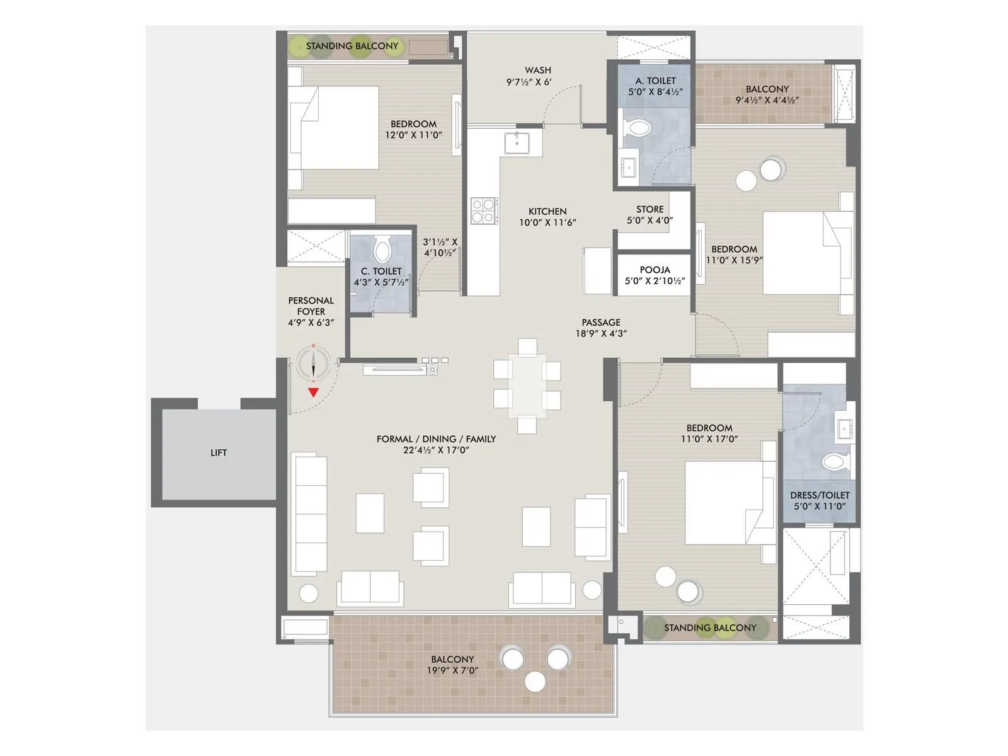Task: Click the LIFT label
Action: pos(219,452)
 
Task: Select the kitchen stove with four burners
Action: pos(484,210)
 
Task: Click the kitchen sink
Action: pos(517,143)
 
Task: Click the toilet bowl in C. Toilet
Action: pos(382,250)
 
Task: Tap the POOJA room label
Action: pos(655,270)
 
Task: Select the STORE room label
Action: pos(650,209)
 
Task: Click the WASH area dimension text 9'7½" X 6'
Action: pos(529,82)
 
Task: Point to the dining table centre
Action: pos(528,385)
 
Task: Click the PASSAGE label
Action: pos(601,322)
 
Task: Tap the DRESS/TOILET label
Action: pos(820,495)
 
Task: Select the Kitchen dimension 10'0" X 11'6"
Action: pos(547,222)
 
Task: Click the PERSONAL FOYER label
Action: pos(311,306)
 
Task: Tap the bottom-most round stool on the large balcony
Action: pos(535,682)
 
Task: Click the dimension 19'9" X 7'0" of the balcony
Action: pos(452,670)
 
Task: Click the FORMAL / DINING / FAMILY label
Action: pos(436,438)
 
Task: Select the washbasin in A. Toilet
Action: pos(627,167)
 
